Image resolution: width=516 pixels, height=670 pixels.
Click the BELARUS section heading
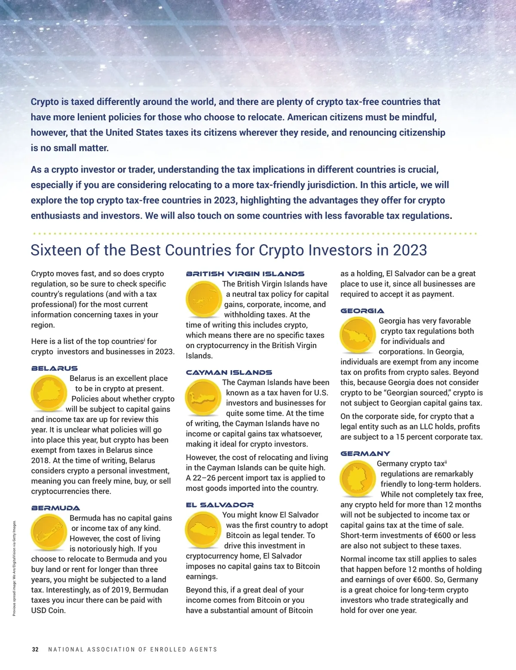click(x=55, y=369)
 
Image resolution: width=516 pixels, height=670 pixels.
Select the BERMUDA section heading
click(x=55, y=508)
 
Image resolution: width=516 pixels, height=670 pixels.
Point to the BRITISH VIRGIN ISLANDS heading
click(x=245, y=274)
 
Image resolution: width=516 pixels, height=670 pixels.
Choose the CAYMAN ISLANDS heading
click(x=229, y=373)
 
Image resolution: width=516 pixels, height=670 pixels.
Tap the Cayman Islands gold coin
click(x=203, y=397)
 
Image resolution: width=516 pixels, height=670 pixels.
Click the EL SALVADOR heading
click(x=220, y=505)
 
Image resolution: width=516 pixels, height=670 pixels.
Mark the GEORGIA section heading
click(x=362, y=311)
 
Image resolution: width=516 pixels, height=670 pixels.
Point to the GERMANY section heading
click(x=365, y=454)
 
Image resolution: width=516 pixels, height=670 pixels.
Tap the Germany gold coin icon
click(x=358, y=479)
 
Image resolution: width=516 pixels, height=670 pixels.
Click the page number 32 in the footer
click(x=35, y=649)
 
